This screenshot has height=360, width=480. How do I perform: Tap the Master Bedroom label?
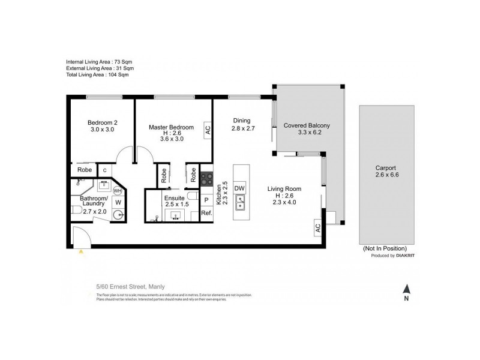click(x=171, y=127)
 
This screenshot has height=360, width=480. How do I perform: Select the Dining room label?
click(x=241, y=121)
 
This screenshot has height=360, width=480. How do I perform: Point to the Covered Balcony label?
click(x=307, y=125)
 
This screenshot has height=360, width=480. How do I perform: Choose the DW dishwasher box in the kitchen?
click(x=239, y=188)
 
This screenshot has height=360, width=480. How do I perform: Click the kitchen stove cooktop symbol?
click(x=206, y=178)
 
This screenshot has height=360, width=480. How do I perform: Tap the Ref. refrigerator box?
click(x=206, y=213)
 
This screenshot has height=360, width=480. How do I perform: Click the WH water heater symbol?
click(x=118, y=191)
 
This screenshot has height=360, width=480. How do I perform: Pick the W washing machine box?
click(x=118, y=203)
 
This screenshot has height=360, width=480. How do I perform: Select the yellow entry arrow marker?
click(x=80, y=253)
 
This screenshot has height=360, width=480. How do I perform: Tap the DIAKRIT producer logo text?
click(x=400, y=256)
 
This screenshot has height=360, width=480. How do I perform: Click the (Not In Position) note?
click(x=385, y=248)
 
